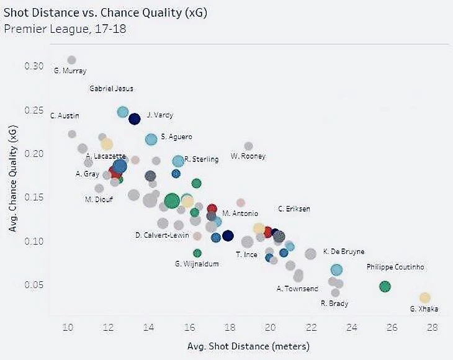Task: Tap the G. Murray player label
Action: coord(70,71)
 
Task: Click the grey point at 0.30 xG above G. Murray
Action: coord(71,60)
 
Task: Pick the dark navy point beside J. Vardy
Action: coord(134,119)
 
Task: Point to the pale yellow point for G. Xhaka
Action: coord(424,298)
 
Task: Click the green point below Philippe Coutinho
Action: coord(385,286)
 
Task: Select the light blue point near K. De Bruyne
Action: coord(336,269)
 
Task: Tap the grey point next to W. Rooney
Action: coord(248,146)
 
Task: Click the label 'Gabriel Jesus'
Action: coord(111,89)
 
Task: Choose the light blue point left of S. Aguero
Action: coord(151,139)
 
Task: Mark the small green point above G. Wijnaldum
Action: coord(197,253)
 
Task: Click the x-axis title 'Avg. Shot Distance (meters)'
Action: coord(249,345)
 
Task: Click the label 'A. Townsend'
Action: coord(297,289)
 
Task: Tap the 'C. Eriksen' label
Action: coord(294,209)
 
